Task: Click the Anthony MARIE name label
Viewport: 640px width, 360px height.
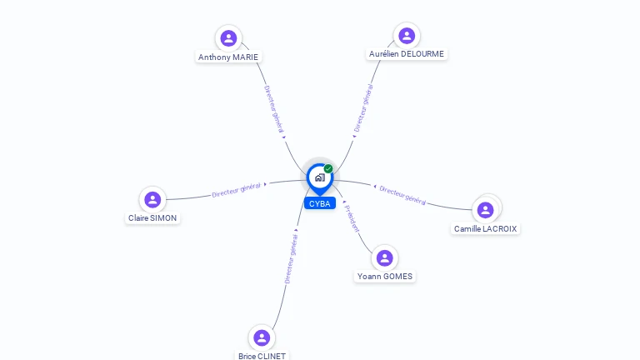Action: [228, 57]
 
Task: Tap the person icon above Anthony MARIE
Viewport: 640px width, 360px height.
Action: [228, 37]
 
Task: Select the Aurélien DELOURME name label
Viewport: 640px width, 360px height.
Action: [407, 54]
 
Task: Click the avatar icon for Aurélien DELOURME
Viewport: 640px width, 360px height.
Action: [407, 35]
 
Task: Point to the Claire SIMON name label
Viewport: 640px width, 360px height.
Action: [152, 218]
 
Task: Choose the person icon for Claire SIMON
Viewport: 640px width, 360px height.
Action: [152, 199]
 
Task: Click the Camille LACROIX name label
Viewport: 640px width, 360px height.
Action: [485, 228]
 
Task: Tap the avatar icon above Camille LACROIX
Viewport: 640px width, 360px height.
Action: [486, 209]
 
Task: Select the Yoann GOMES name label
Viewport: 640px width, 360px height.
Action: [385, 277]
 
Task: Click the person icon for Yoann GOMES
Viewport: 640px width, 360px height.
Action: [384, 257]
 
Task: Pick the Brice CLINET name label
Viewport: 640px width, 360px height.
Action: [262, 356]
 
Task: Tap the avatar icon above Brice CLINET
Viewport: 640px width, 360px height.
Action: [262, 337]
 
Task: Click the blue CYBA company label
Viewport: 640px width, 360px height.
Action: [319, 203]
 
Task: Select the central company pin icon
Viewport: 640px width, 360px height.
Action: [319, 177]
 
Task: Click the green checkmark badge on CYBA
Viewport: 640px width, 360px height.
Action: [328, 168]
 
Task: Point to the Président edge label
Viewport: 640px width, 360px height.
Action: [352, 217]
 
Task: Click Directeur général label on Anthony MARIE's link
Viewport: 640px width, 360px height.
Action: [274, 109]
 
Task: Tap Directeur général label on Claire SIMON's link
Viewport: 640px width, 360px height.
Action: [237, 190]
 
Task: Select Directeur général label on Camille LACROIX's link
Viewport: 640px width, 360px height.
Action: [402, 195]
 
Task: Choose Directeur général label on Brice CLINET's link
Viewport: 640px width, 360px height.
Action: [291, 259]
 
